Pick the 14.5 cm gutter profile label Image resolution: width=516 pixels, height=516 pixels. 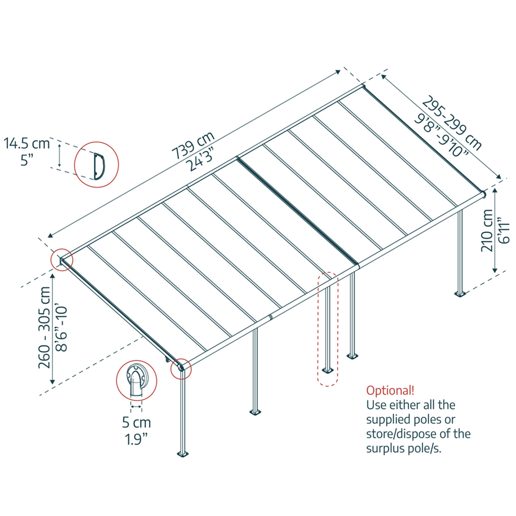pos(27,143)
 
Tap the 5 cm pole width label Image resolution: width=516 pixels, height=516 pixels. pos(136,423)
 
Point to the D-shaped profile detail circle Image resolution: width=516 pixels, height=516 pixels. pos(96,164)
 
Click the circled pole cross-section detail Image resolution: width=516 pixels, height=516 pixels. pos(136,380)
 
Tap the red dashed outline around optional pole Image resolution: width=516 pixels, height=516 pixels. pos(327,329)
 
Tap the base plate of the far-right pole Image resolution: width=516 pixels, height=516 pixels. pos(460,295)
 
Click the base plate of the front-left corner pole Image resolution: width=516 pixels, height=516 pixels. pos(183,455)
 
